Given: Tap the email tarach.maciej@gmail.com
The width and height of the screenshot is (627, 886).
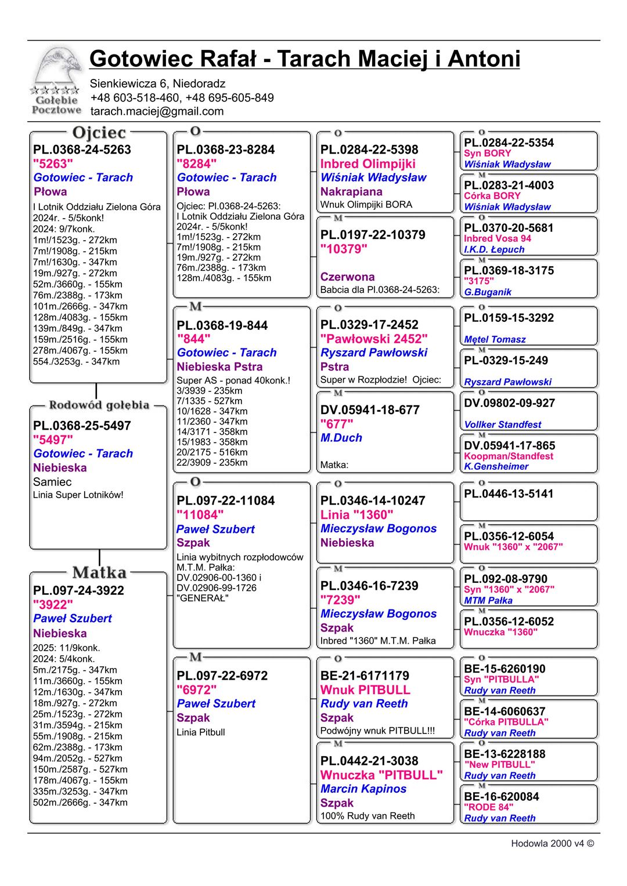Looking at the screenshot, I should [x=157, y=111].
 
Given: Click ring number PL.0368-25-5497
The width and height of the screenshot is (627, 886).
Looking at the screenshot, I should [x=82, y=426].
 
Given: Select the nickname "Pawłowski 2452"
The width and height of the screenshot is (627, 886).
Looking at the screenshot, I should [x=373, y=339].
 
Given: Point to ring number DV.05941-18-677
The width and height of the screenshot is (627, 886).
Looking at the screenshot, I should [x=369, y=410].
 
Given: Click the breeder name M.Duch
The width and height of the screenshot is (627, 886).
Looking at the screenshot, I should [x=341, y=438].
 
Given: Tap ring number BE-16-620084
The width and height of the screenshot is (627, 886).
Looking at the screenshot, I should [x=501, y=797].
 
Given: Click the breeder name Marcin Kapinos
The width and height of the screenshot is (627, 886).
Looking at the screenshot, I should [x=363, y=789].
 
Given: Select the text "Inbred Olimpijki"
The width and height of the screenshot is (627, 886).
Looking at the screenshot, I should [x=367, y=164].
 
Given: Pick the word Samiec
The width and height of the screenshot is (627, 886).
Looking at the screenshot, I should [x=52, y=482].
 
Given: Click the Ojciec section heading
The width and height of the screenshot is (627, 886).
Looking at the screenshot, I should [x=99, y=133].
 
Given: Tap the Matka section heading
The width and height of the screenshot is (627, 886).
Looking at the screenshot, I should [x=99, y=572].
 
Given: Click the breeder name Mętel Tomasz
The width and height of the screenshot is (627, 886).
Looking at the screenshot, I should [x=495, y=340].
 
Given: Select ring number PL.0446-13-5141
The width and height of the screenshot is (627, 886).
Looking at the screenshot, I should [x=509, y=494].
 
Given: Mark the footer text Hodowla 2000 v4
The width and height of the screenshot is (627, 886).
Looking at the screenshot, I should [x=552, y=844].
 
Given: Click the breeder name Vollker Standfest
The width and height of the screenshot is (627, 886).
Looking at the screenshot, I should [x=502, y=424].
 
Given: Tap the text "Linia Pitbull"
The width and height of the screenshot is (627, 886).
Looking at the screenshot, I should [x=200, y=732].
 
